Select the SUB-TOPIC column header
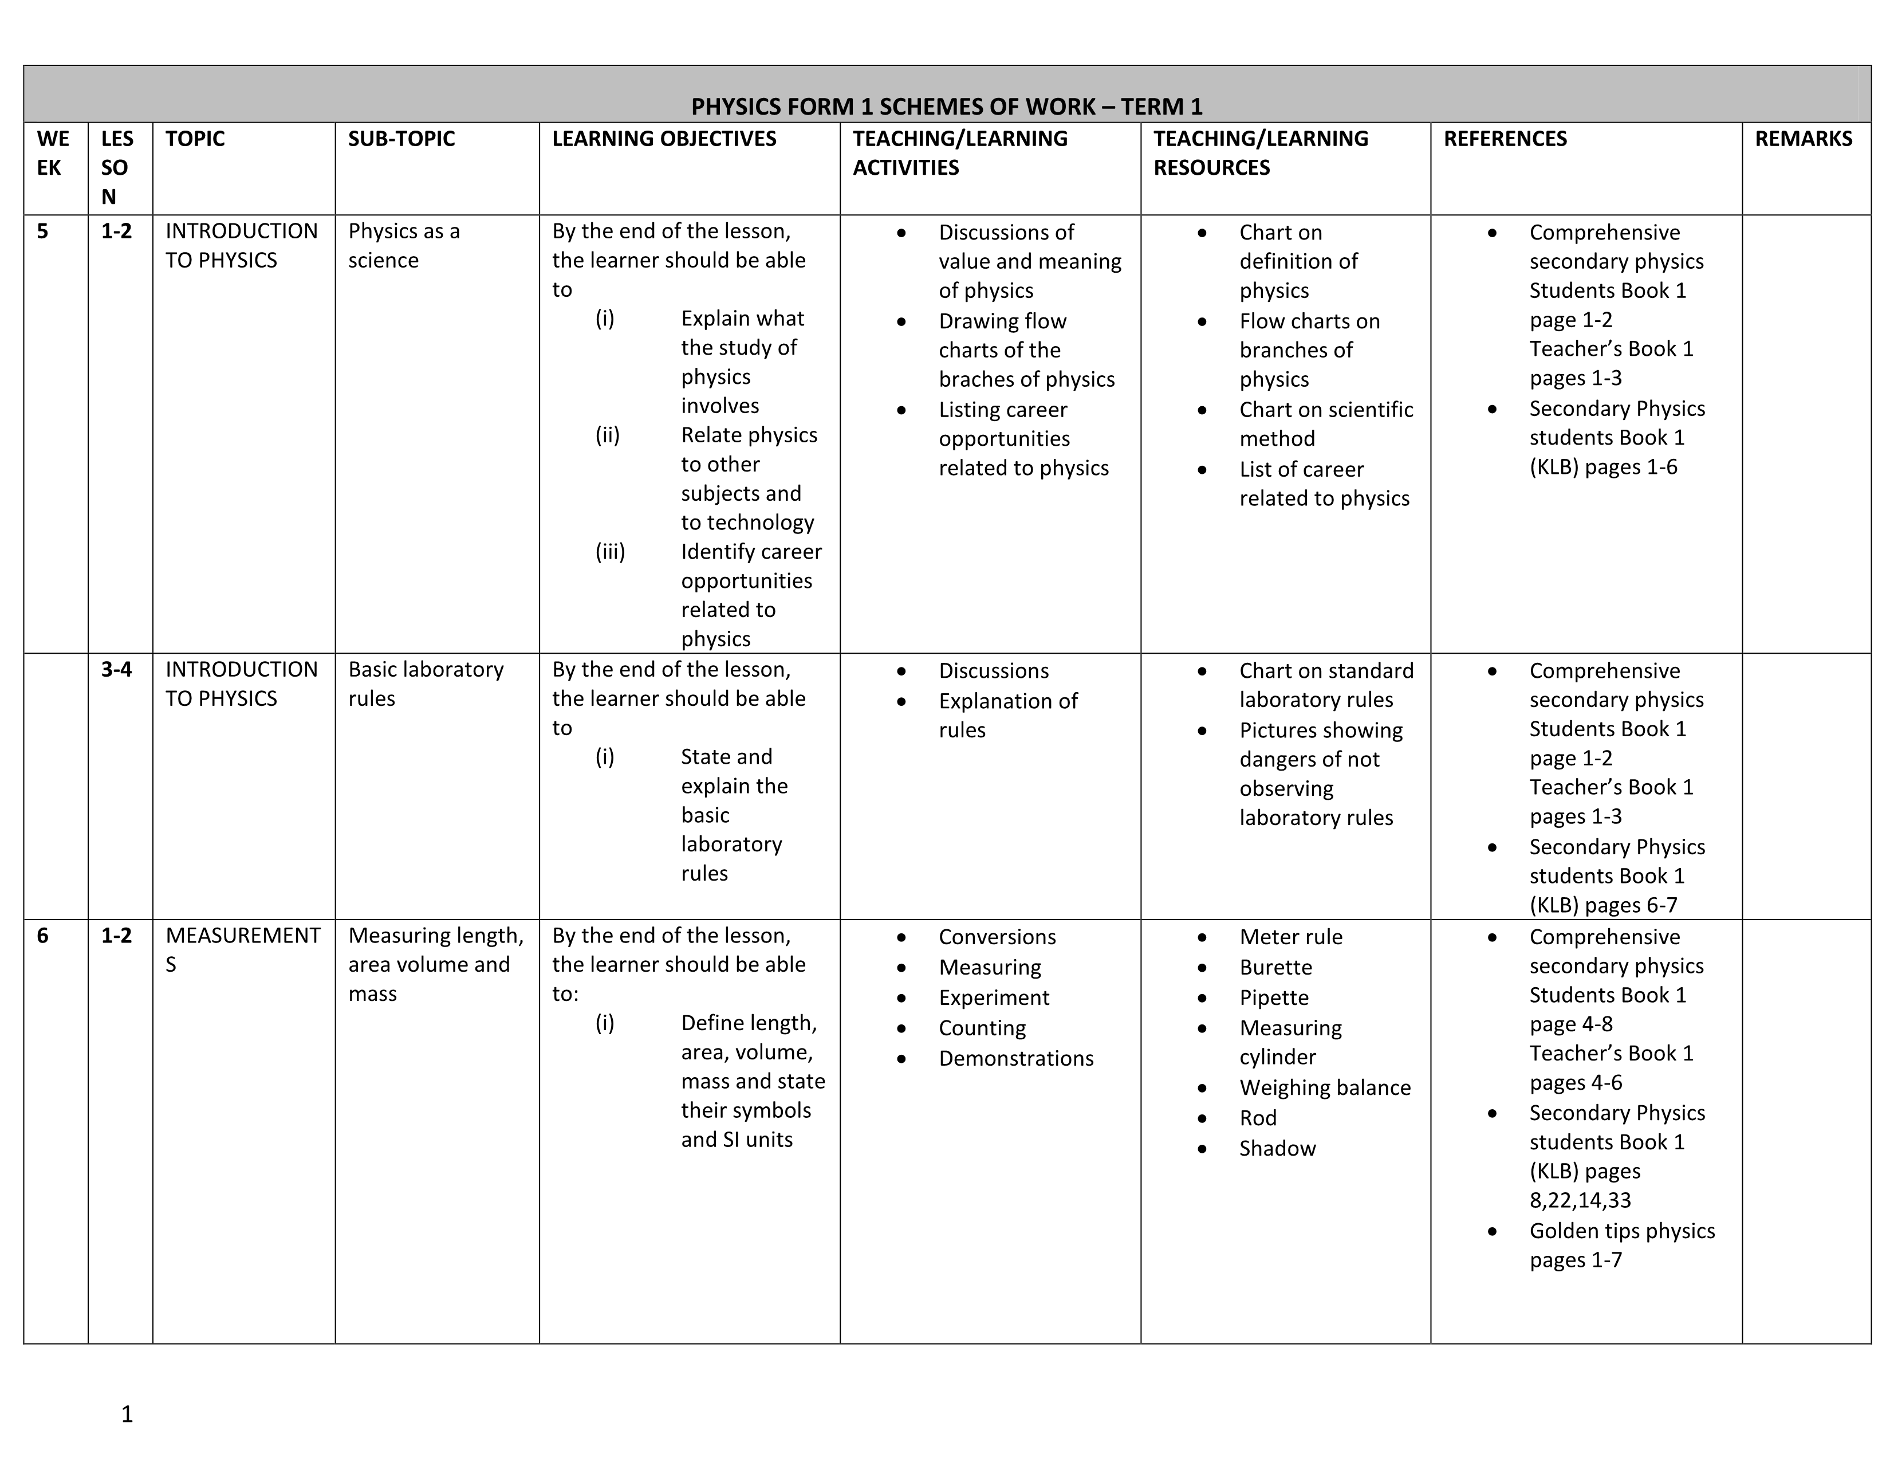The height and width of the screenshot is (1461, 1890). tap(401, 139)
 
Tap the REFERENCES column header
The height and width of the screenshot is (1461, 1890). tap(1505, 139)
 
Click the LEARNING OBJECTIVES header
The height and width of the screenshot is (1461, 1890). tap(664, 139)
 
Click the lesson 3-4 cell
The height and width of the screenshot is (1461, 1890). tap(116, 669)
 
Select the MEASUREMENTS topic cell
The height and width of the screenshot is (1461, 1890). tap(242, 949)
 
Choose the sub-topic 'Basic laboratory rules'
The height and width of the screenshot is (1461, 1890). tap(425, 684)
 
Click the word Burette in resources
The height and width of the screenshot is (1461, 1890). tap(1275, 968)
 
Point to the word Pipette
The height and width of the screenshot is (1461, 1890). tap(1273, 998)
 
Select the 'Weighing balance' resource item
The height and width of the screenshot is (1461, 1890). tap(1324, 1088)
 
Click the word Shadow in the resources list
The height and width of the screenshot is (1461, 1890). tap(1277, 1149)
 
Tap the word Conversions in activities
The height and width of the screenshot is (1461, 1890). tap(997, 937)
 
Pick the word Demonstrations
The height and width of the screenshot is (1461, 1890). tap(1016, 1059)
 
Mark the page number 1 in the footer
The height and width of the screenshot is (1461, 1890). tap(127, 1414)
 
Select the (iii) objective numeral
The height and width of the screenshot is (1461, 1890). tap(610, 552)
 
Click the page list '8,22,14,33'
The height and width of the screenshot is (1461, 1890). tap(1580, 1200)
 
